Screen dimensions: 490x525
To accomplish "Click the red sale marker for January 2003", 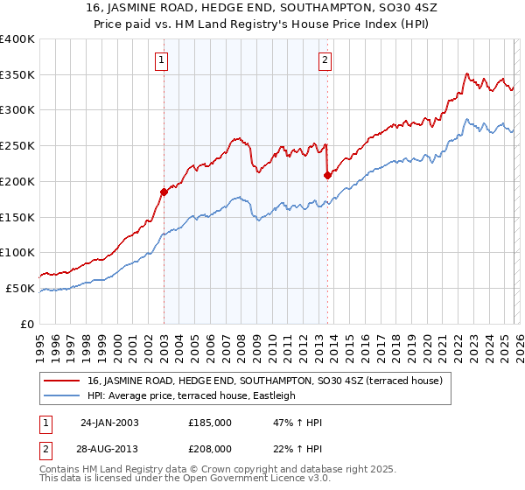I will click(x=164, y=191).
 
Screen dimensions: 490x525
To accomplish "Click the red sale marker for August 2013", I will click(x=327, y=175).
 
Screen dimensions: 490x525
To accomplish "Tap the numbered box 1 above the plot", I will click(x=163, y=60).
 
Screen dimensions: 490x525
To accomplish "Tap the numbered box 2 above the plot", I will click(x=325, y=60).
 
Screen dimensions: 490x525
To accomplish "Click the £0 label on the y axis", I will click(x=28, y=324).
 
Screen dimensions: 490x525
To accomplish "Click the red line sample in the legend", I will click(x=63, y=381).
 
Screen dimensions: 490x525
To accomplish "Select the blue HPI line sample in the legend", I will click(x=63, y=395).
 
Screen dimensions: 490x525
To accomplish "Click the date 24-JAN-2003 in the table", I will click(x=109, y=423).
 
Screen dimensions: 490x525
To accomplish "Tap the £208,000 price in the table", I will click(x=210, y=448).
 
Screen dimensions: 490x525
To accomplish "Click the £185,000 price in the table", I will click(x=210, y=423).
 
